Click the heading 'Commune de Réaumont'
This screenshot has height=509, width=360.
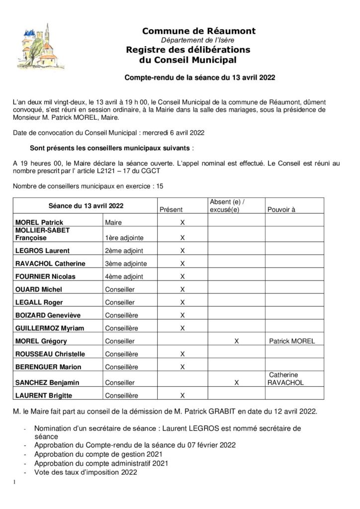pos(199,31)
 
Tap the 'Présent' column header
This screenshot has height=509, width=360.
pos(171,210)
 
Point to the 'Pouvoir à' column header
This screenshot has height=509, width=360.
pos(281,210)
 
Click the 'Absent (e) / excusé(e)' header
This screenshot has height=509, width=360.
pos(228,205)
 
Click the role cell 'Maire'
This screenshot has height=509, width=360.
pos(113,223)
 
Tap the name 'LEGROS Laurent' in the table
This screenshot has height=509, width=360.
pos(43,251)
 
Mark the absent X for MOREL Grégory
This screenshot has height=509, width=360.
pos(237,341)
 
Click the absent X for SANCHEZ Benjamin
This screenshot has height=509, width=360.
pos(237,383)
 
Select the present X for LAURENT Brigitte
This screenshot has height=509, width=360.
pos(182,396)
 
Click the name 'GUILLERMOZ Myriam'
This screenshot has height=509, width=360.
pos(49,328)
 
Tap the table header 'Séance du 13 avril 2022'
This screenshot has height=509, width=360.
pos(86,205)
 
